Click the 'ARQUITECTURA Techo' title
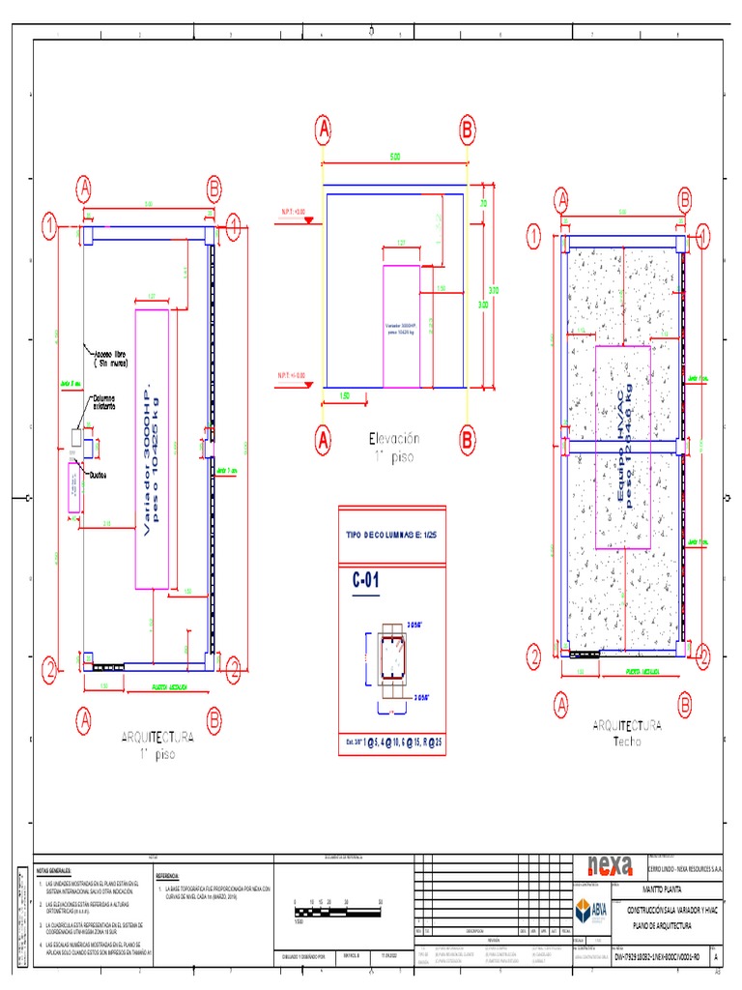628,732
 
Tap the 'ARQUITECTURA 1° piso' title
157,743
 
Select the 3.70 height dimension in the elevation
493,288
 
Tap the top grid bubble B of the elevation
467,129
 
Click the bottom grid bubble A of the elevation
323,441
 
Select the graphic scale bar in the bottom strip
338,912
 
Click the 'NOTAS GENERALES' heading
54,870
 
